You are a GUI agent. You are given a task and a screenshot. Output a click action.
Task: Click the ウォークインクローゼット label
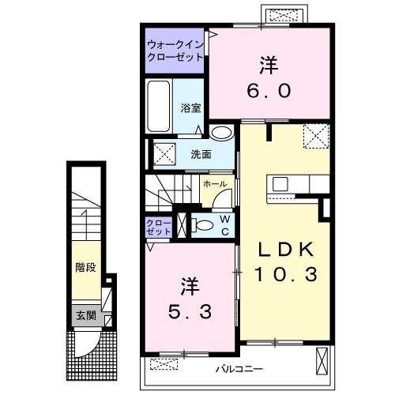click(x=175, y=51)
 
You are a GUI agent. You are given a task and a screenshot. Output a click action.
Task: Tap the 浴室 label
click(x=190, y=108)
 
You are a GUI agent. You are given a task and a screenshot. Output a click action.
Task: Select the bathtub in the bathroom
click(x=158, y=106)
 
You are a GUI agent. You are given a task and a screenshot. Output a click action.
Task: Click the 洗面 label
click(x=201, y=155)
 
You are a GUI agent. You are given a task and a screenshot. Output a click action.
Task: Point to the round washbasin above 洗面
click(x=223, y=132)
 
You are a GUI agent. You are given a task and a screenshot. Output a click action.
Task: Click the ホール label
click(x=215, y=184)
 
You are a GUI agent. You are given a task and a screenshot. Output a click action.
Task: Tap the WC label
click(x=225, y=225)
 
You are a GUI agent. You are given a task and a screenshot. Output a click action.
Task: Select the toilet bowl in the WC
click(x=204, y=226)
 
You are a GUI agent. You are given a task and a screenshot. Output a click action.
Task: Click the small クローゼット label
click(x=159, y=228)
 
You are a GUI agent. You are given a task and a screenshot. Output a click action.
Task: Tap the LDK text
click(x=286, y=250)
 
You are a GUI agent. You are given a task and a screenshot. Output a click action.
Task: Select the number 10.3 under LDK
click(x=286, y=274)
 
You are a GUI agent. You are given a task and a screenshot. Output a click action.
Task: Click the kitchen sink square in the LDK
click(x=280, y=184)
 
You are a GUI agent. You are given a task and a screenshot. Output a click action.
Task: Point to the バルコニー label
click(x=239, y=369)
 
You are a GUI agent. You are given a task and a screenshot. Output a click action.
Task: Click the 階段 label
click(x=86, y=268)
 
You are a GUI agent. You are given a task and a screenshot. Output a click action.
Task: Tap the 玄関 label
click(x=86, y=315)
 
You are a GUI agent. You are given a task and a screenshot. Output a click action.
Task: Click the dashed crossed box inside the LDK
click(x=316, y=137)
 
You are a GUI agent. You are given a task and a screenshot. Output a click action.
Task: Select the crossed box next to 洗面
click(x=164, y=154)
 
